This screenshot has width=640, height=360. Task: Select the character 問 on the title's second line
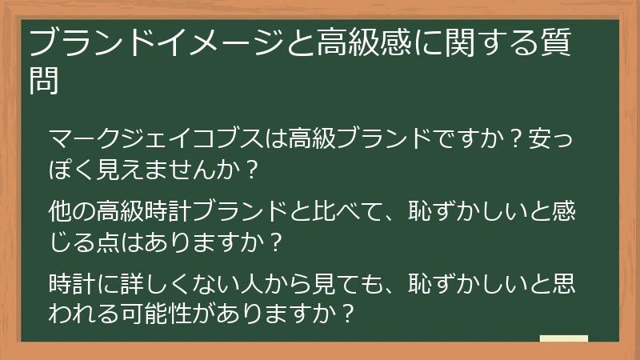(43, 79)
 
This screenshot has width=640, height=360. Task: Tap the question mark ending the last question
(346, 311)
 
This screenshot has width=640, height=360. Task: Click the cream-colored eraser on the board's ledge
(563, 339)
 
